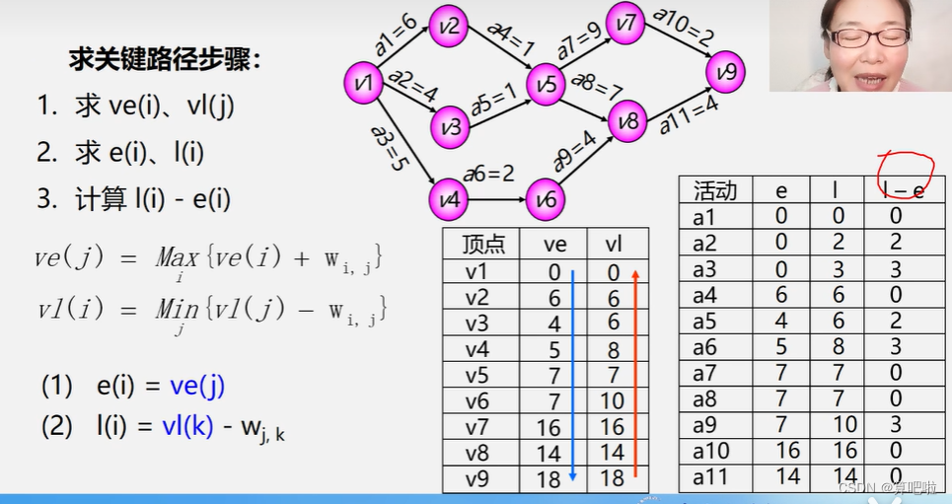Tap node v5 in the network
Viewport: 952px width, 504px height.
545,86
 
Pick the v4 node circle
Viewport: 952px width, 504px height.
448,200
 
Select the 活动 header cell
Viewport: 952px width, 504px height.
716,190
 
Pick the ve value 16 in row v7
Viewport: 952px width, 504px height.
554,426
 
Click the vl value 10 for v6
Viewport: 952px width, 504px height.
613,400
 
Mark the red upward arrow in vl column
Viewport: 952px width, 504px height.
635,375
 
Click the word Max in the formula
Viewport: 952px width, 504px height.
178,259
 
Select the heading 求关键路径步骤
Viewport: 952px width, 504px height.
165,59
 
